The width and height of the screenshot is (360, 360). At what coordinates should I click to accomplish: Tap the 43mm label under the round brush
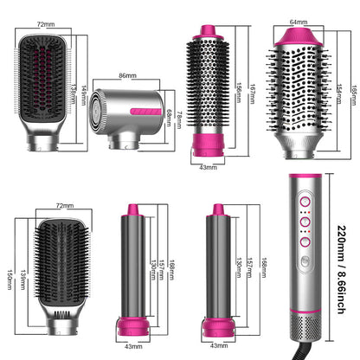click(x=207, y=166)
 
